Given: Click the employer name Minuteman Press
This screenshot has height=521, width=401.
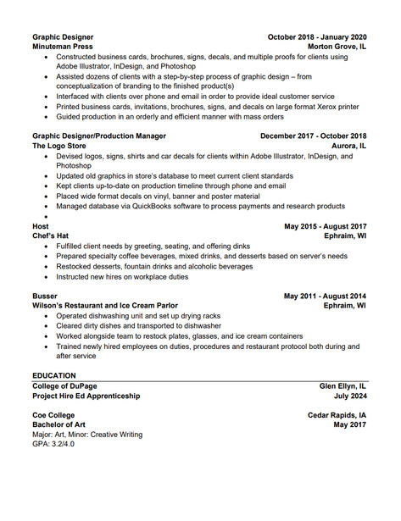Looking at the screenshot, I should tap(63, 47).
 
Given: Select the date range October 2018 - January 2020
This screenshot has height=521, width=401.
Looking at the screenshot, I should tap(317, 37).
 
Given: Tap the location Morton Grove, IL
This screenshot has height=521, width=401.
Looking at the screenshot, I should tap(337, 47).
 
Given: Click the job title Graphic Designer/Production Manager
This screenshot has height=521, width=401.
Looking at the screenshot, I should tap(99, 136).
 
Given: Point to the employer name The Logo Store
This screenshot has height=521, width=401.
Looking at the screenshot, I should tap(59, 146).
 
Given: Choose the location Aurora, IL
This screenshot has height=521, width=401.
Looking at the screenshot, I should tap(348, 146).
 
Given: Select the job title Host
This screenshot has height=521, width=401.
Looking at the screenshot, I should tap(41, 226).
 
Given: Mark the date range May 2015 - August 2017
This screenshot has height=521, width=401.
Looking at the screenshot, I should tap(325, 226).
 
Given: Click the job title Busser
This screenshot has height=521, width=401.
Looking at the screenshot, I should tap(46, 296).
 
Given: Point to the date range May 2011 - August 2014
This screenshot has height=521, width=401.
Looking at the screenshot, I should tap(325, 296).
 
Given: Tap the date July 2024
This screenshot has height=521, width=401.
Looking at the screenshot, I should tap(350, 396).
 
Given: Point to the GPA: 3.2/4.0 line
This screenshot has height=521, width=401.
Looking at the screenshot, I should tap(53, 444).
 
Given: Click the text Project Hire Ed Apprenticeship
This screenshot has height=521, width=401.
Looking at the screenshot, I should tap(86, 396).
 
